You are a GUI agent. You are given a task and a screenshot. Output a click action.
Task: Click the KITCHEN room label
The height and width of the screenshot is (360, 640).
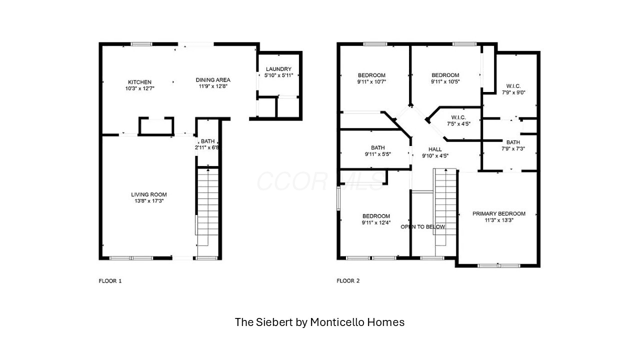click(x=139, y=82)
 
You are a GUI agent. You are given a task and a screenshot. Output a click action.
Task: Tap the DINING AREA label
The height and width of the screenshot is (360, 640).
click(x=213, y=80)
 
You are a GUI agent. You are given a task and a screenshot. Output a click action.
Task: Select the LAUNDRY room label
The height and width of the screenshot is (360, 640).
click(x=278, y=69)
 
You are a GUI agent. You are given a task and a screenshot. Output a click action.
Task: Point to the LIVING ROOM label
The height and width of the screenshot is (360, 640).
click(x=149, y=194)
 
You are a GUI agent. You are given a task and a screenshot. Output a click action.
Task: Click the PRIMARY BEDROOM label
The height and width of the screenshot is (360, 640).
click(x=499, y=213)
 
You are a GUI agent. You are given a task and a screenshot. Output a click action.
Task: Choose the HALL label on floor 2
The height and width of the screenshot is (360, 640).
click(x=435, y=149)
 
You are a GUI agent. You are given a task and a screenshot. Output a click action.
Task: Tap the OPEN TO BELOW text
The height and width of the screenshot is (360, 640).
click(x=423, y=227)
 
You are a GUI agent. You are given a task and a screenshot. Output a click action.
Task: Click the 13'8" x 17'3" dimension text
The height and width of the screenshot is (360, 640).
click(x=149, y=201)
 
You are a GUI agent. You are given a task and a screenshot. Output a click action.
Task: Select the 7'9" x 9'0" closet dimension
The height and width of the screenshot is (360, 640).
click(x=513, y=92)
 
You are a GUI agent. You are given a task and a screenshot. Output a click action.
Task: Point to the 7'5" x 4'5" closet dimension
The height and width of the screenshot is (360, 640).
click(x=458, y=124)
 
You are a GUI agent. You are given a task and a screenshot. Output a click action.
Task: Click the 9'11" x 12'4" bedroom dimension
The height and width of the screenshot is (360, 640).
click(x=376, y=222)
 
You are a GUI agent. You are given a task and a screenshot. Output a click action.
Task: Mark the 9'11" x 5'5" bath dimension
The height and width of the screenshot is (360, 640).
click(x=377, y=154)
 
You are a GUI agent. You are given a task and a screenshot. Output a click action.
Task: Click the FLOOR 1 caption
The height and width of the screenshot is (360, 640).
click(x=110, y=281)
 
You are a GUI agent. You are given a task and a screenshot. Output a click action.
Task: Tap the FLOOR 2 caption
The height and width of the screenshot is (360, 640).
click(x=348, y=281)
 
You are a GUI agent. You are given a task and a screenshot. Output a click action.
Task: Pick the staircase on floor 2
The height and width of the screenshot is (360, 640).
click(x=445, y=207)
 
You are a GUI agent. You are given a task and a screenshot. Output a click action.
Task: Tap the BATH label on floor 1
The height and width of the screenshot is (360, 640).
click(x=207, y=141)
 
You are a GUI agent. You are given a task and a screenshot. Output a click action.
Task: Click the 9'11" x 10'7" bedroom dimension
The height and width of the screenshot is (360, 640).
click(x=371, y=81)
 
